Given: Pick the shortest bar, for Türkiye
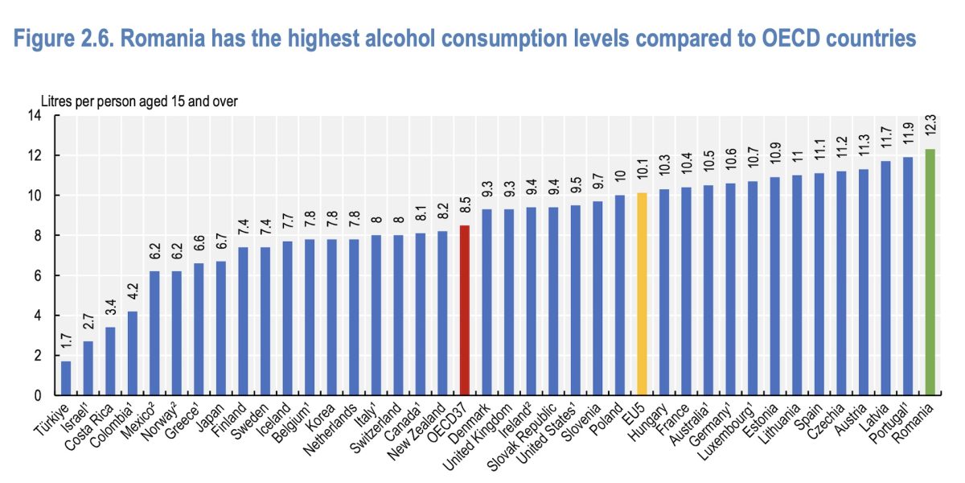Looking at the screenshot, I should [66, 378].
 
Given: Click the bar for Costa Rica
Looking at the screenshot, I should [110, 361].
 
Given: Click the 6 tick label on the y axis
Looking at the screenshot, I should [36, 276].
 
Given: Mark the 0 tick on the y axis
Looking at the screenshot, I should [36, 396].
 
